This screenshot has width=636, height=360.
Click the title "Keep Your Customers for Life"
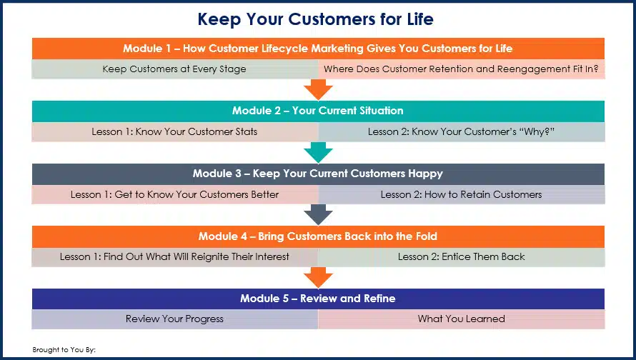point(316,19)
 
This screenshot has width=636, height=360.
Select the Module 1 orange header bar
point(318,49)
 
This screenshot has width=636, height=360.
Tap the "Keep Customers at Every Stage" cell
point(175,69)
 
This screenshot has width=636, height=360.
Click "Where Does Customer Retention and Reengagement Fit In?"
point(461,69)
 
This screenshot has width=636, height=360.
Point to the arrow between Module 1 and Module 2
point(319,89)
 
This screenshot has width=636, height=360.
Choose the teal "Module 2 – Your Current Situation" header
point(318,111)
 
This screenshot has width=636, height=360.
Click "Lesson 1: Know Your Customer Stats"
point(175,131)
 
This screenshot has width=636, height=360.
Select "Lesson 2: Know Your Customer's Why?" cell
point(461,131)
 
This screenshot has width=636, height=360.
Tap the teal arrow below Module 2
point(319,152)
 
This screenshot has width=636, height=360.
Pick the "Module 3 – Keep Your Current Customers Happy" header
point(318,174)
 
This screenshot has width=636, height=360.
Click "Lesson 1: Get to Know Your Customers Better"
point(175,194)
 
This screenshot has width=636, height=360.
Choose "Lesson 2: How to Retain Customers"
point(461,194)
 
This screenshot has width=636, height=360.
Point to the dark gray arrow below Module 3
point(319,215)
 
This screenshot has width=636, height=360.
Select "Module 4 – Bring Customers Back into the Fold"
point(318,236)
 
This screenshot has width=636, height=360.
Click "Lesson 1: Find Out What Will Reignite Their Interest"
point(175,256)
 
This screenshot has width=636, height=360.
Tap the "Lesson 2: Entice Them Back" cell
point(461,256)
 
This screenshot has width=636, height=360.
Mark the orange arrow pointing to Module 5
point(319,278)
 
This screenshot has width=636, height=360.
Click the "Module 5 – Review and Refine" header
point(318,299)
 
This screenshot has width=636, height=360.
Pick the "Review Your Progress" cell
point(175,319)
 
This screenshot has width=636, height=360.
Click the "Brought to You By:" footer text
point(64,350)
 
